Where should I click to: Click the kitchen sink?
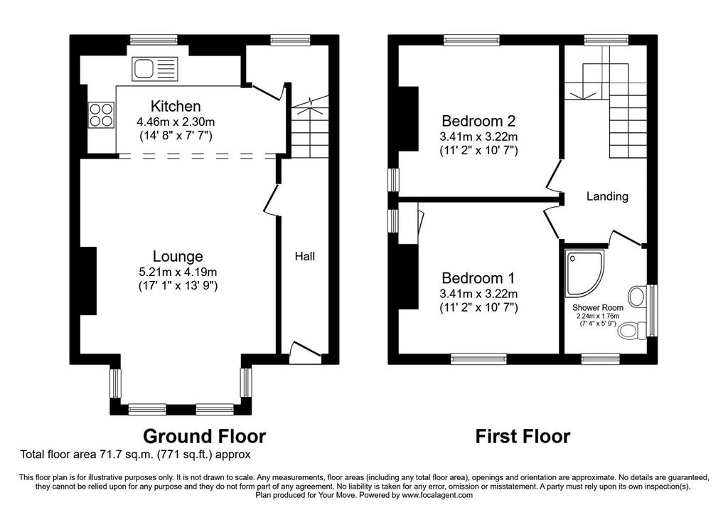[154, 69]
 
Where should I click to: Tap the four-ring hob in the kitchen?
[101, 115]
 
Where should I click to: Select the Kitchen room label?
[176, 107]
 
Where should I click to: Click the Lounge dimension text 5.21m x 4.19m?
[178, 272]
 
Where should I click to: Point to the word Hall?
[305, 256]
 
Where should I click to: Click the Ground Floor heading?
[204, 437]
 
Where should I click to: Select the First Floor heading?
[523, 437]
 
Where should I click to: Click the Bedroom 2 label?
[478, 121]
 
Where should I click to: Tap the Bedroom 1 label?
[478, 278]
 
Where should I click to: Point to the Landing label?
[607, 196]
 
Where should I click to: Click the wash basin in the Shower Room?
[637, 296]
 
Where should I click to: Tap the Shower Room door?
[626, 238]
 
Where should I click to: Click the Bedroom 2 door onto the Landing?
[553, 175]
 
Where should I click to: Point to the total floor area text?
[135, 455]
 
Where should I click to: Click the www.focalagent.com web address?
[437, 495]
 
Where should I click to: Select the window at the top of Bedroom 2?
[472, 40]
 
